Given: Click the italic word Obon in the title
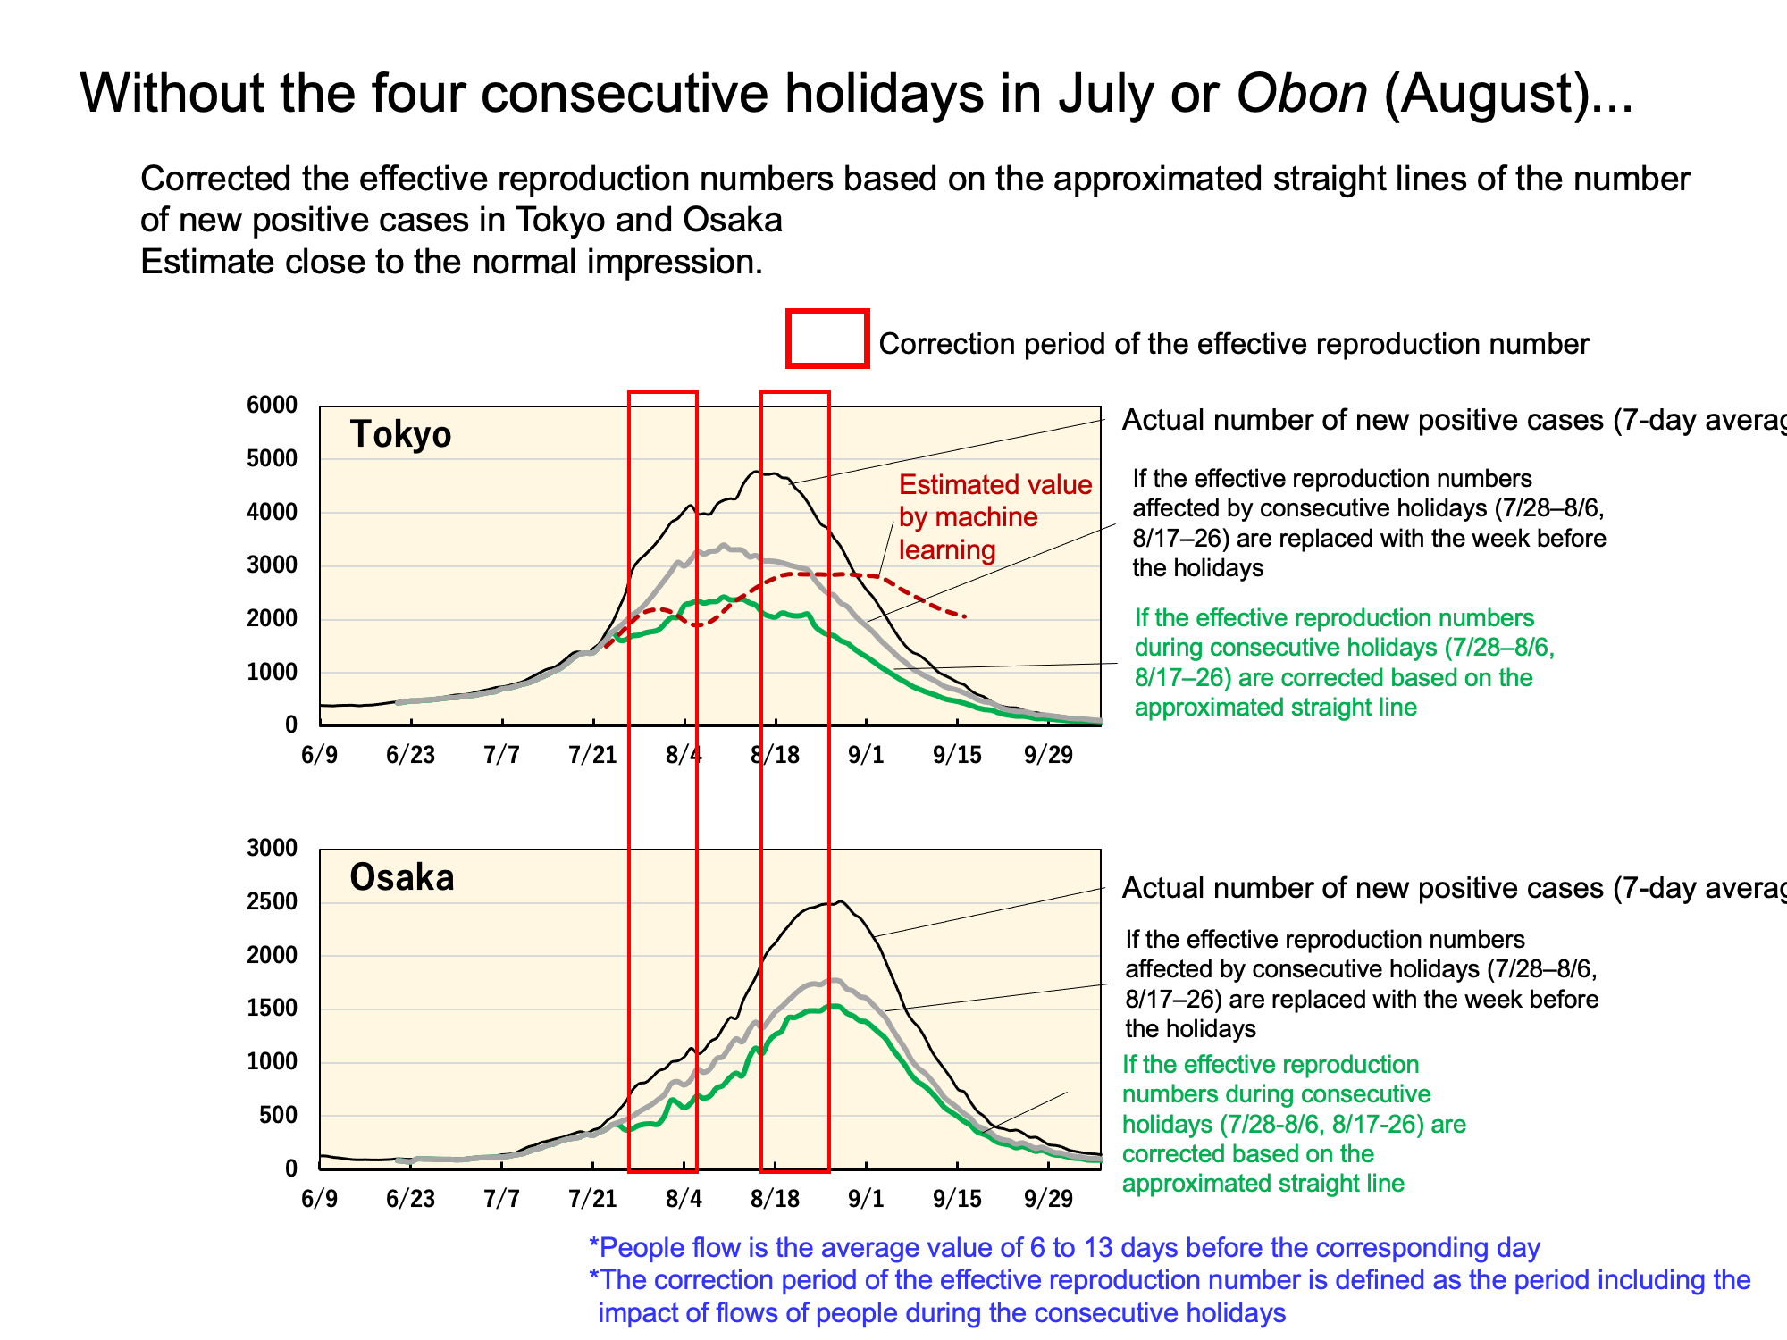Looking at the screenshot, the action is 1302,93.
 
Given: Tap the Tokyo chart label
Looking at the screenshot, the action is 400,434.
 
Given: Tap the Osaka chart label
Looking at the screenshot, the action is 402,877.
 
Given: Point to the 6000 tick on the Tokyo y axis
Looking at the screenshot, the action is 272,405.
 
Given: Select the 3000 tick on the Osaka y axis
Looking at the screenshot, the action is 272,848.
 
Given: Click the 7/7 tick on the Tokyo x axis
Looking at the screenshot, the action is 501,756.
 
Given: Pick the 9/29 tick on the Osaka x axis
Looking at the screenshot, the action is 1048,1199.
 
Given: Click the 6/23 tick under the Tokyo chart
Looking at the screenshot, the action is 410,756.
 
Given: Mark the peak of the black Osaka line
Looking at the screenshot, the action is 840,901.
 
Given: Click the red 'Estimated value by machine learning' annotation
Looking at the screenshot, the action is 995,517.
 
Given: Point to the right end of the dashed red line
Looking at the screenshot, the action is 966,616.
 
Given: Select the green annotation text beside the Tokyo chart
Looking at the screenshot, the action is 1345,663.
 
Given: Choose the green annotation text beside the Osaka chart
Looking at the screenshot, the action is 1294,1124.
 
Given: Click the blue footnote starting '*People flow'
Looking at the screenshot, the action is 1064,1248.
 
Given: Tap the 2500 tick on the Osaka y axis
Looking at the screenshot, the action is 272,901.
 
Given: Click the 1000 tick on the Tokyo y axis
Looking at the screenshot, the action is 272,672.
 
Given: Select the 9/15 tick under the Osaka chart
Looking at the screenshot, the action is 957,1199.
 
